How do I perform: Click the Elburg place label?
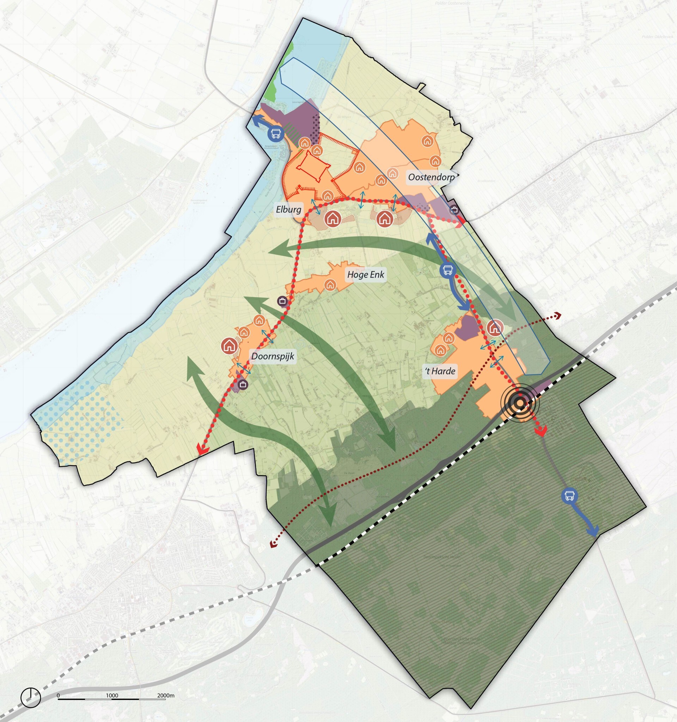288,210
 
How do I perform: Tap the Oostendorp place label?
431,177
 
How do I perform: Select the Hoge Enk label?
365,275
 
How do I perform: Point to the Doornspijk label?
273,356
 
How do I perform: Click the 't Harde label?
440,371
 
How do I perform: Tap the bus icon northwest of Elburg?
275,133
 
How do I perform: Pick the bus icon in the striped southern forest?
569,496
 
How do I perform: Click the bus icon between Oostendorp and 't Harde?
447,270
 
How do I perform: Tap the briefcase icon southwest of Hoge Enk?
282,301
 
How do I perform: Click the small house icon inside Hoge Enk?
330,285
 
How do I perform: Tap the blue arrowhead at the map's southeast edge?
593,532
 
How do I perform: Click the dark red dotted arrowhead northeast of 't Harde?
558,316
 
